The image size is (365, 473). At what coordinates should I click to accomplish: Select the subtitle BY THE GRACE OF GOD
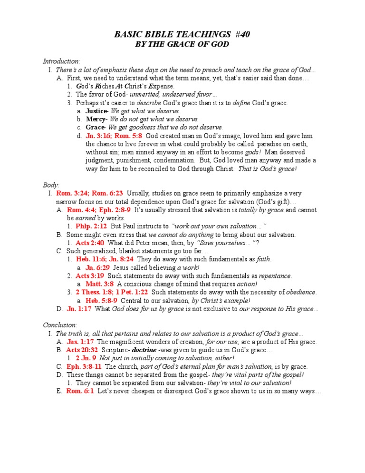tap(182, 44)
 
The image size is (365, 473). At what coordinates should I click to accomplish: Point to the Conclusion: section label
tap(60, 325)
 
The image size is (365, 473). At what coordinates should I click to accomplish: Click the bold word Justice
tap(96, 111)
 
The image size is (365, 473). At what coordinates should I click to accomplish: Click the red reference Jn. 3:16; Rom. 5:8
tap(112, 136)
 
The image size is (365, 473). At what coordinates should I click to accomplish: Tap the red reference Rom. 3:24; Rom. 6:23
tap(89, 193)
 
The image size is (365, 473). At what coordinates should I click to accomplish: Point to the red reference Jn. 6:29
tap(97, 267)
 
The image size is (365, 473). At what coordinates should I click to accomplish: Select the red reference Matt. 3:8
tap(99, 284)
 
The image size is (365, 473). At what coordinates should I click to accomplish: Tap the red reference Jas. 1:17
tap(80, 342)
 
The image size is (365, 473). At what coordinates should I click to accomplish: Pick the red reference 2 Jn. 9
tap(86, 358)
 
